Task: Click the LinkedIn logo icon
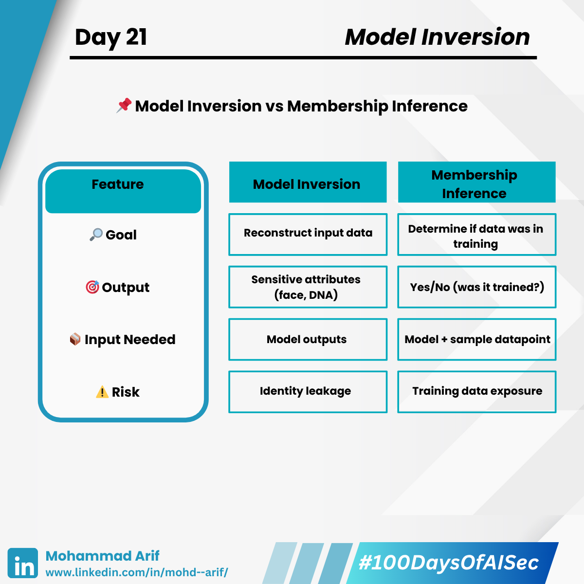click(x=23, y=563)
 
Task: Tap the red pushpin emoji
click(x=124, y=105)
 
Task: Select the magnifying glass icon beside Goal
click(x=96, y=235)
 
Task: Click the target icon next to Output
click(x=92, y=287)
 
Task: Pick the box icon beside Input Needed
click(x=75, y=339)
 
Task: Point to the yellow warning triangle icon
click(x=102, y=392)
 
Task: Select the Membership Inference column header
click(x=477, y=182)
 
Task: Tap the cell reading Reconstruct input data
click(x=308, y=235)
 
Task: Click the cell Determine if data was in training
click(x=477, y=235)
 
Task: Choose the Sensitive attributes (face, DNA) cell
click(x=308, y=287)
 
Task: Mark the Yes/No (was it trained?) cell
click(x=477, y=287)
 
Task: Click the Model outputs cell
click(x=308, y=339)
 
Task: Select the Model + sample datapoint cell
click(x=477, y=339)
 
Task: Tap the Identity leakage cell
click(x=308, y=392)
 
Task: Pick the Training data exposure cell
click(x=477, y=392)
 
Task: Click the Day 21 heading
click(x=111, y=37)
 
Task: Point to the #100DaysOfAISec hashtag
click(x=449, y=563)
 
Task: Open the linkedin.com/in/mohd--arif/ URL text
click(x=137, y=572)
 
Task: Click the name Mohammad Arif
click(x=102, y=556)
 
